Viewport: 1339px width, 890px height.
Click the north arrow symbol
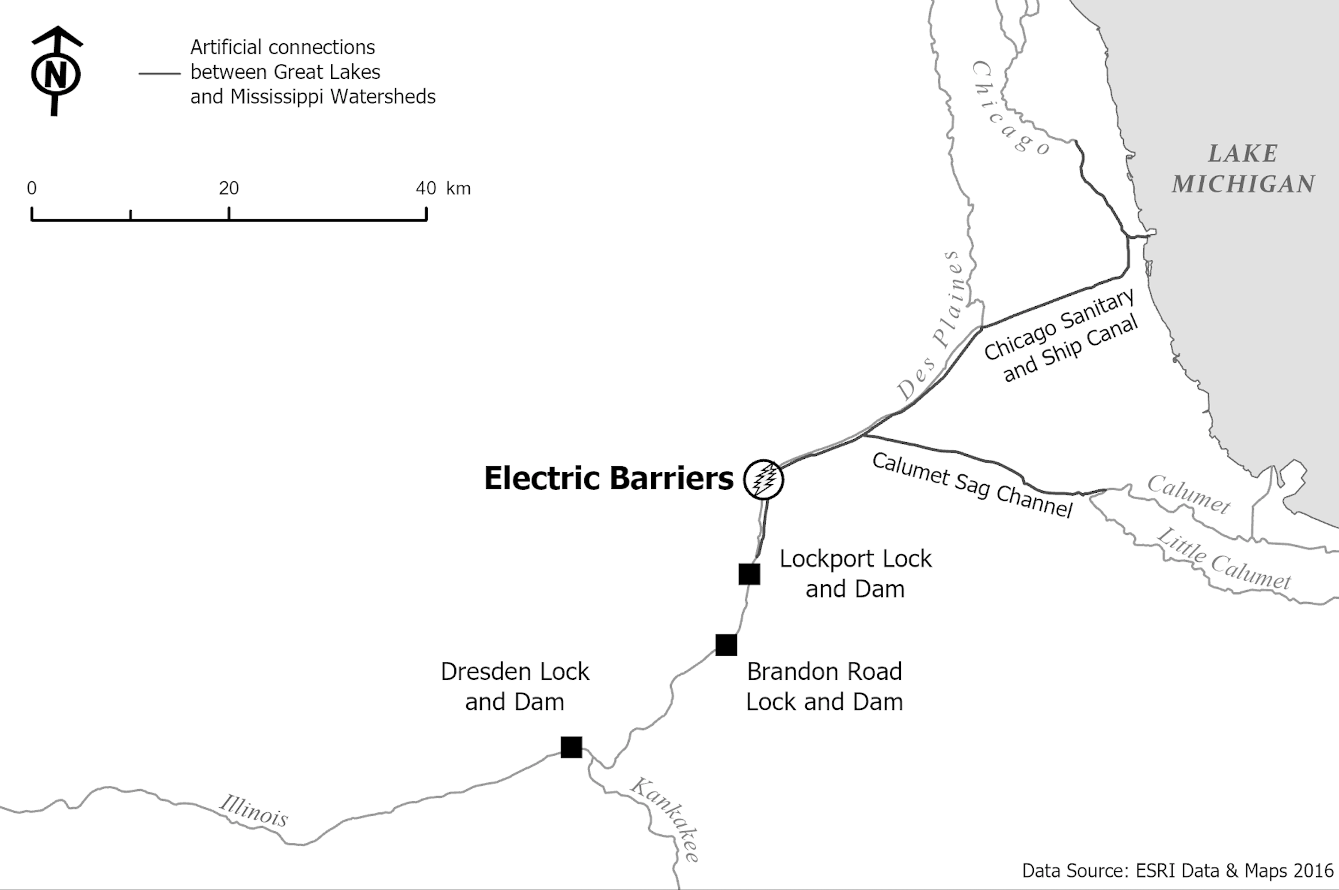coord(56,71)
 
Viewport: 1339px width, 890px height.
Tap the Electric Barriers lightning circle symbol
coord(763,479)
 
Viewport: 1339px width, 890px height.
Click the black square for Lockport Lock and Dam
coord(749,574)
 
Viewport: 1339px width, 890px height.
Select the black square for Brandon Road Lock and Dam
coord(726,645)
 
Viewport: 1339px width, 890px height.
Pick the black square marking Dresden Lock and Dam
coord(571,747)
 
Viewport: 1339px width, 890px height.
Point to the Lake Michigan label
coord(1243,169)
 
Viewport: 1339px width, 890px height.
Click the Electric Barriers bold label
coord(608,478)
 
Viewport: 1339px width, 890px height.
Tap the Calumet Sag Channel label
coord(973,485)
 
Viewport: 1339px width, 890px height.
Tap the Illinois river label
coord(253,811)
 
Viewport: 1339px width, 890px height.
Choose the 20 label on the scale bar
coord(229,188)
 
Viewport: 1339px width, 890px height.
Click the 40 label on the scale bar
coord(426,188)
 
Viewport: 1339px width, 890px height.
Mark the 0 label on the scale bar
coord(32,188)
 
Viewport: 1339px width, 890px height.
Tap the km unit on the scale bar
coord(458,189)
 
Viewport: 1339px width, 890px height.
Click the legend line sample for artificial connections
coord(159,74)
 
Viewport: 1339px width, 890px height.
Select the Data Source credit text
coord(1177,870)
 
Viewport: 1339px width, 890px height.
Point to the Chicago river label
coord(1011,109)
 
